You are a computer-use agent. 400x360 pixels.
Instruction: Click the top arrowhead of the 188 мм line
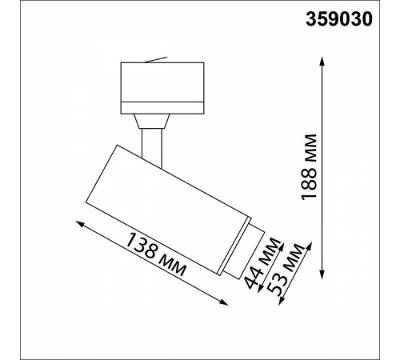pyautogui.click(x=322, y=61)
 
